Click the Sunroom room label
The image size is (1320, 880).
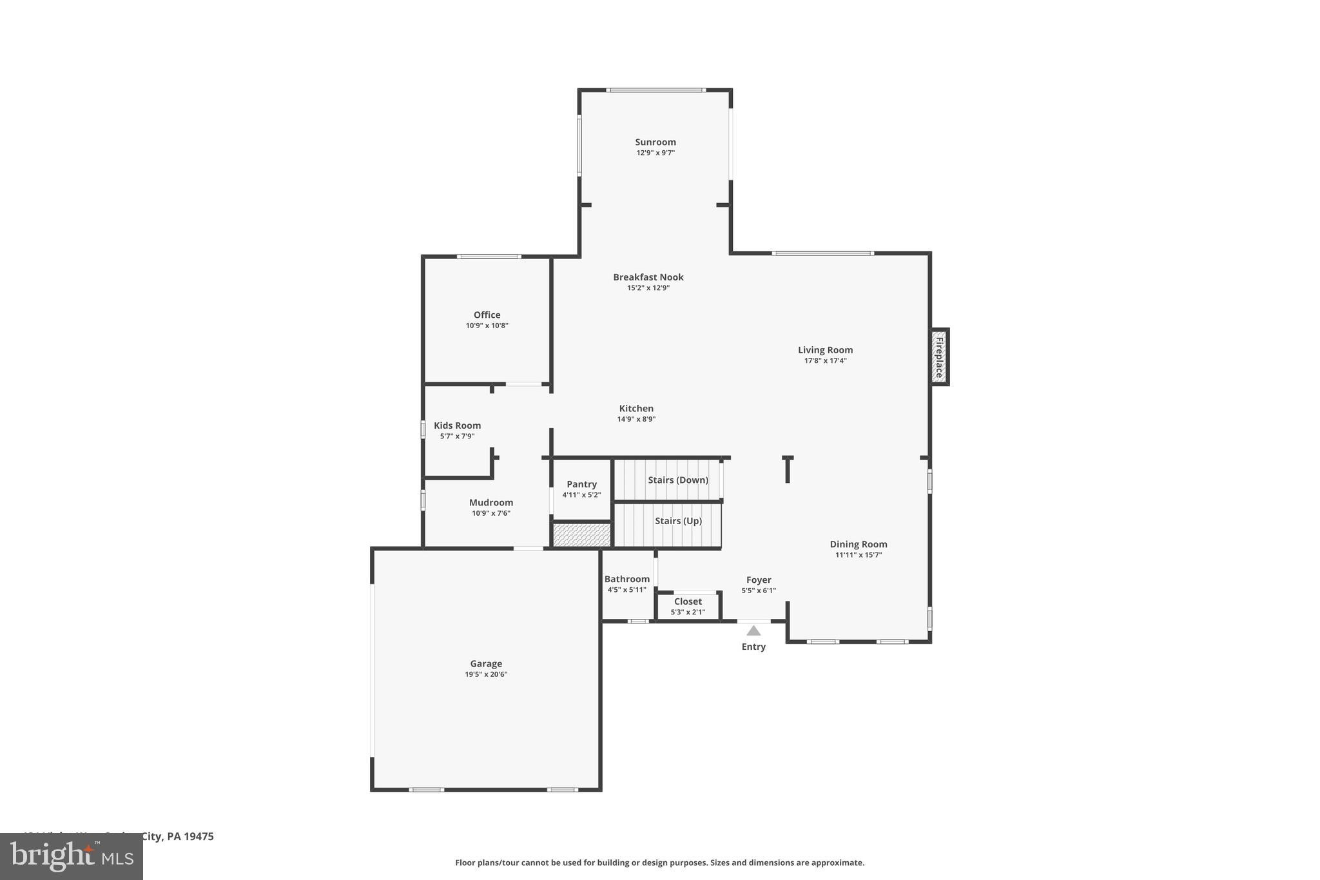click(x=655, y=142)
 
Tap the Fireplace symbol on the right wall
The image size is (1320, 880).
click(x=939, y=357)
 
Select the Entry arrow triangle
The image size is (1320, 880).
click(x=753, y=631)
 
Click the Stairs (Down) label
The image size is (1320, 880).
click(x=677, y=480)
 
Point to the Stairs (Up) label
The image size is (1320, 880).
click(x=678, y=521)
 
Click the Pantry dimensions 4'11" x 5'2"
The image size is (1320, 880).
click(x=581, y=495)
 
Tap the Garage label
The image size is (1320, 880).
click(x=486, y=663)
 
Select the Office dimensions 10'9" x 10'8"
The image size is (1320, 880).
click(x=487, y=326)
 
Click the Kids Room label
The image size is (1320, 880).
click(x=457, y=425)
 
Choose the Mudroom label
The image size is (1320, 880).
click(x=490, y=503)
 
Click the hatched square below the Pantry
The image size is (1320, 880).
click(x=581, y=535)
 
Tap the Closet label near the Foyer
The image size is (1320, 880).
click(x=688, y=601)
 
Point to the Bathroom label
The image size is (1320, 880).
click(x=626, y=579)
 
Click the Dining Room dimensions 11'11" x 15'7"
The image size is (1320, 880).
click(x=858, y=555)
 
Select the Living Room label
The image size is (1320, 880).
click(x=825, y=350)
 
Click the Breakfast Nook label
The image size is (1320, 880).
click(x=648, y=277)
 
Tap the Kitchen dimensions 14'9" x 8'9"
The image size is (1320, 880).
click(x=636, y=419)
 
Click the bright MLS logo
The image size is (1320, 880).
click(x=72, y=856)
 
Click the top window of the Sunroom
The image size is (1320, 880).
click(x=655, y=90)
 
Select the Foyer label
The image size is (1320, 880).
click(x=759, y=580)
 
